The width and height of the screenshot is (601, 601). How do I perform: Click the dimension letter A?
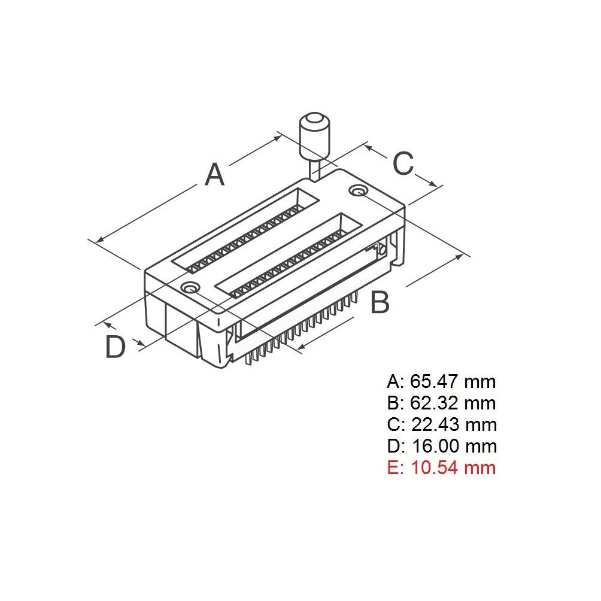pyautogui.click(x=214, y=174)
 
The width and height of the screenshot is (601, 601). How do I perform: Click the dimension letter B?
pyautogui.click(x=380, y=303)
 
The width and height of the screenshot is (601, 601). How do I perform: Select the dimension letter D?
pyautogui.click(x=115, y=347)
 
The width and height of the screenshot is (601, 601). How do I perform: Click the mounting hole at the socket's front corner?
pyautogui.click(x=191, y=288)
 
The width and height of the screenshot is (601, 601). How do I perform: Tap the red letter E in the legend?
pyautogui.click(x=393, y=468)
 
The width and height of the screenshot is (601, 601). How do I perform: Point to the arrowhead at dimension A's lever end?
pyautogui.click(x=278, y=137)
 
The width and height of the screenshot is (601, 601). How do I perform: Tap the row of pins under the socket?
pyautogui.click(x=299, y=335)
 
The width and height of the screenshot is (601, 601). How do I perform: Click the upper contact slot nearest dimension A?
pyautogui.click(x=245, y=233)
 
